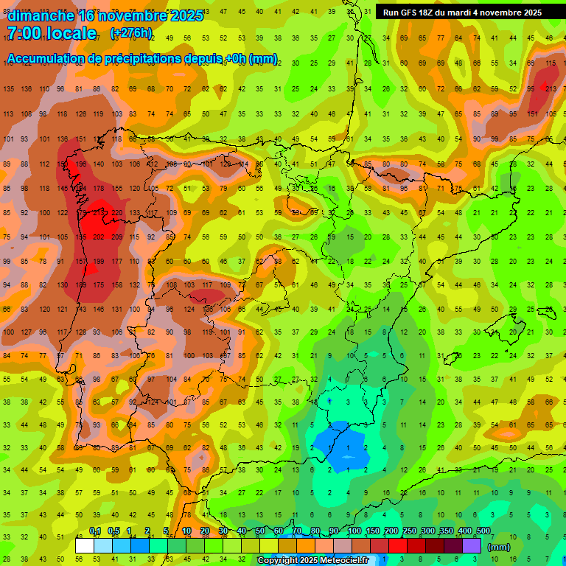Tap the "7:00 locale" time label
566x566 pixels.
pos(52,33)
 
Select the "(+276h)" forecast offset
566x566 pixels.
pos(131,33)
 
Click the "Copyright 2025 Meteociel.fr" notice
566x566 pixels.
pos(312,560)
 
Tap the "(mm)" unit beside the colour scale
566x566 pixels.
pos(499,547)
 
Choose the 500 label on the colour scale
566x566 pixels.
pos(483,531)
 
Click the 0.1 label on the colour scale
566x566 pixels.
pos(95,531)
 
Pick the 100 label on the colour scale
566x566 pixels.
pos(354,531)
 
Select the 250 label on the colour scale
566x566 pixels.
pos(410,531)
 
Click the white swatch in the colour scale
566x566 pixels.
pos(85,546)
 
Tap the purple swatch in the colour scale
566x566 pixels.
pos(472,546)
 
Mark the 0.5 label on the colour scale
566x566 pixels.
pos(113,531)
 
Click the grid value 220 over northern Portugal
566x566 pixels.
pos(117,214)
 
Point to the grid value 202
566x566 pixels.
pos(99,237)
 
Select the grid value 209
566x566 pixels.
pos(117,237)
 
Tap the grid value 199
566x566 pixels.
pos(99,262)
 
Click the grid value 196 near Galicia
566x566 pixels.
pos(81,164)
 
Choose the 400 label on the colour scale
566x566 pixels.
pos(464,531)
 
